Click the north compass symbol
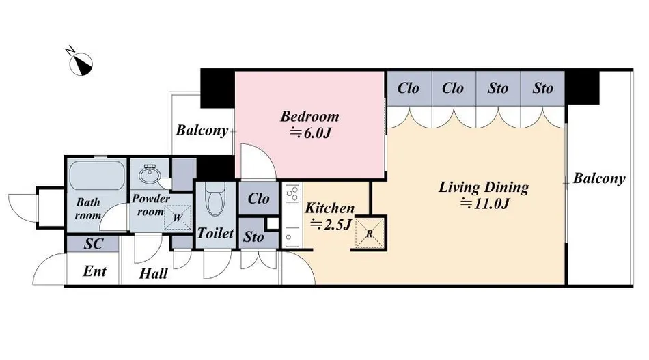click(x=81, y=64)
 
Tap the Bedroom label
click(x=309, y=116)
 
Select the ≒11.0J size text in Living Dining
click(x=484, y=204)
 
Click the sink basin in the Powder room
click(x=149, y=174)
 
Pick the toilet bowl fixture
click(x=215, y=199)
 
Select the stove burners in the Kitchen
click(x=292, y=193)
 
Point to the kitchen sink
click(x=292, y=237)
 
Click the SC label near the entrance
click(x=93, y=244)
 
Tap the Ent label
click(x=95, y=271)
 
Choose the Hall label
click(x=153, y=273)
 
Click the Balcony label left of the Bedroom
click(x=202, y=130)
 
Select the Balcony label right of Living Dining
click(x=599, y=179)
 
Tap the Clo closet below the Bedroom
click(x=259, y=199)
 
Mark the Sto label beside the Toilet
click(x=253, y=237)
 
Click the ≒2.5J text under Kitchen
click(x=330, y=225)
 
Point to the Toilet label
click(x=215, y=233)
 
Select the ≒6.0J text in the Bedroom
click(x=310, y=133)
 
